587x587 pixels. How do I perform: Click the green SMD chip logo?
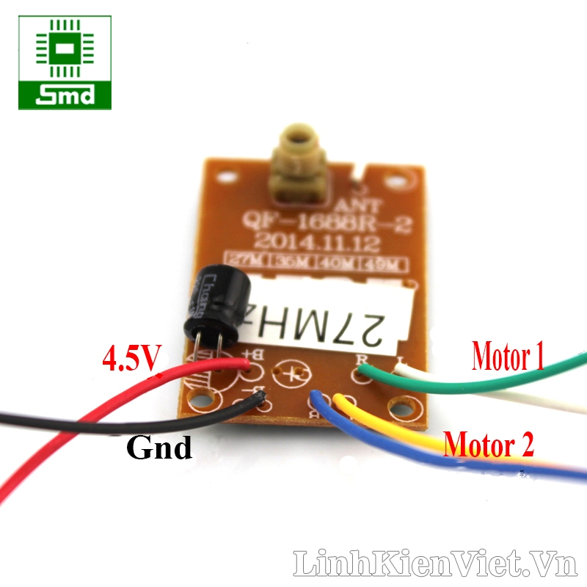(x=65, y=63)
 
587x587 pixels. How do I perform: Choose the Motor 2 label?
(x=489, y=443)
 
